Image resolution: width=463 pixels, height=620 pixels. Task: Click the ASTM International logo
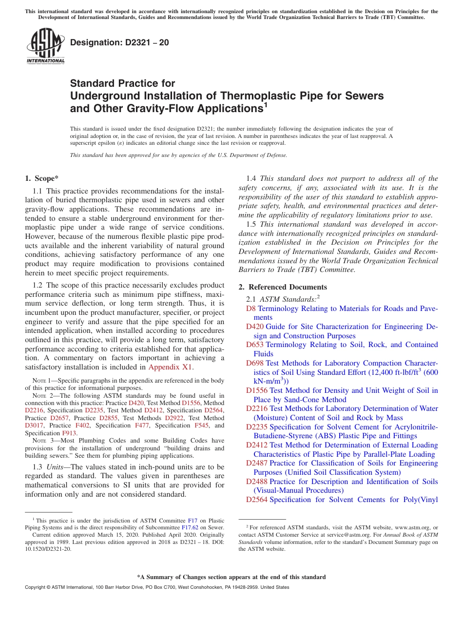click(45, 47)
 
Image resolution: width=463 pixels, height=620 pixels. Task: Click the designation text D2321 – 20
click(119, 42)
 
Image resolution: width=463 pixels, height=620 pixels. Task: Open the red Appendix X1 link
click(171, 367)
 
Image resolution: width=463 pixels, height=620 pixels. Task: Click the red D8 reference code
click(251, 309)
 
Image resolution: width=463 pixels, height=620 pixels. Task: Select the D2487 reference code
click(257, 463)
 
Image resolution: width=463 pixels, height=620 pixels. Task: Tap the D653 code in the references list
click(255, 345)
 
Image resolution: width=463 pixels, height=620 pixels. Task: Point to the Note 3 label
click(42, 441)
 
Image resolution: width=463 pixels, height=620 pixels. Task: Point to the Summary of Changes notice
click(231, 577)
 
